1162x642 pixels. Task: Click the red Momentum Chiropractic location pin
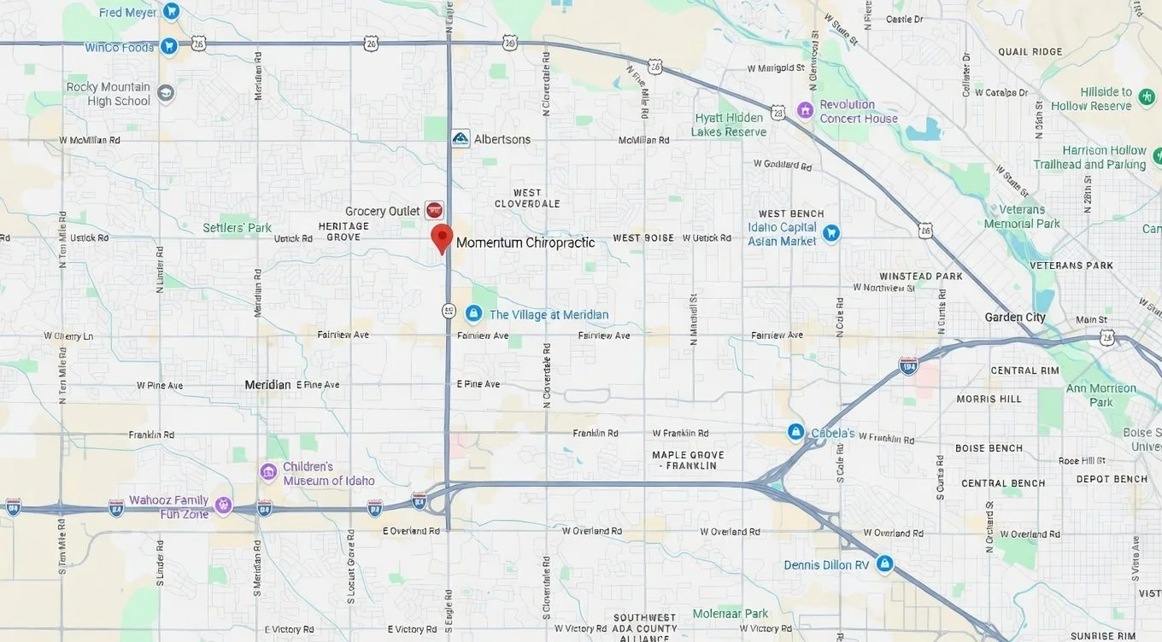(x=441, y=237)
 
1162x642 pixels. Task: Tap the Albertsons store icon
(x=461, y=138)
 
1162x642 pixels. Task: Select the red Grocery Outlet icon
(x=434, y=210)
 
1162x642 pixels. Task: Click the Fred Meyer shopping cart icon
(x=172, y=12)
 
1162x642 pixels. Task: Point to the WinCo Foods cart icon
(x=168, y=46)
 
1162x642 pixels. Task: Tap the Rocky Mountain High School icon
(x=165, y=93)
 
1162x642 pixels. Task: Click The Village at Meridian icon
(x=473, y=314)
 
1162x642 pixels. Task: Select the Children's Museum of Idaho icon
(x=268, y=472)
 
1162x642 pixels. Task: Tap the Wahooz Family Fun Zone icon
(x=223, y=505)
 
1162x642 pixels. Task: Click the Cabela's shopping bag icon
(x=795, y=432)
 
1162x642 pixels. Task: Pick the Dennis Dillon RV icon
(x=884, y=564)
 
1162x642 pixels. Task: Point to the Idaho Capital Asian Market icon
(x=830, y=233)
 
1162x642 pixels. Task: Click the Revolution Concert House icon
(x=804, y=110)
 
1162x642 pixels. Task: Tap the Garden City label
(x=1015, y=318)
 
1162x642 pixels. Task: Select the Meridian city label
(x=267, y=385)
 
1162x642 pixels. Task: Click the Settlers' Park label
(x=237, y=228)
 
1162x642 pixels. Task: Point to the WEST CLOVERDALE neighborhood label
(x=527, y=198)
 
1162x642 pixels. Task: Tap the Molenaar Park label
(x=731, y=613)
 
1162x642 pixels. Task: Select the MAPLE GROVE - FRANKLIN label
(x=687, y=460)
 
